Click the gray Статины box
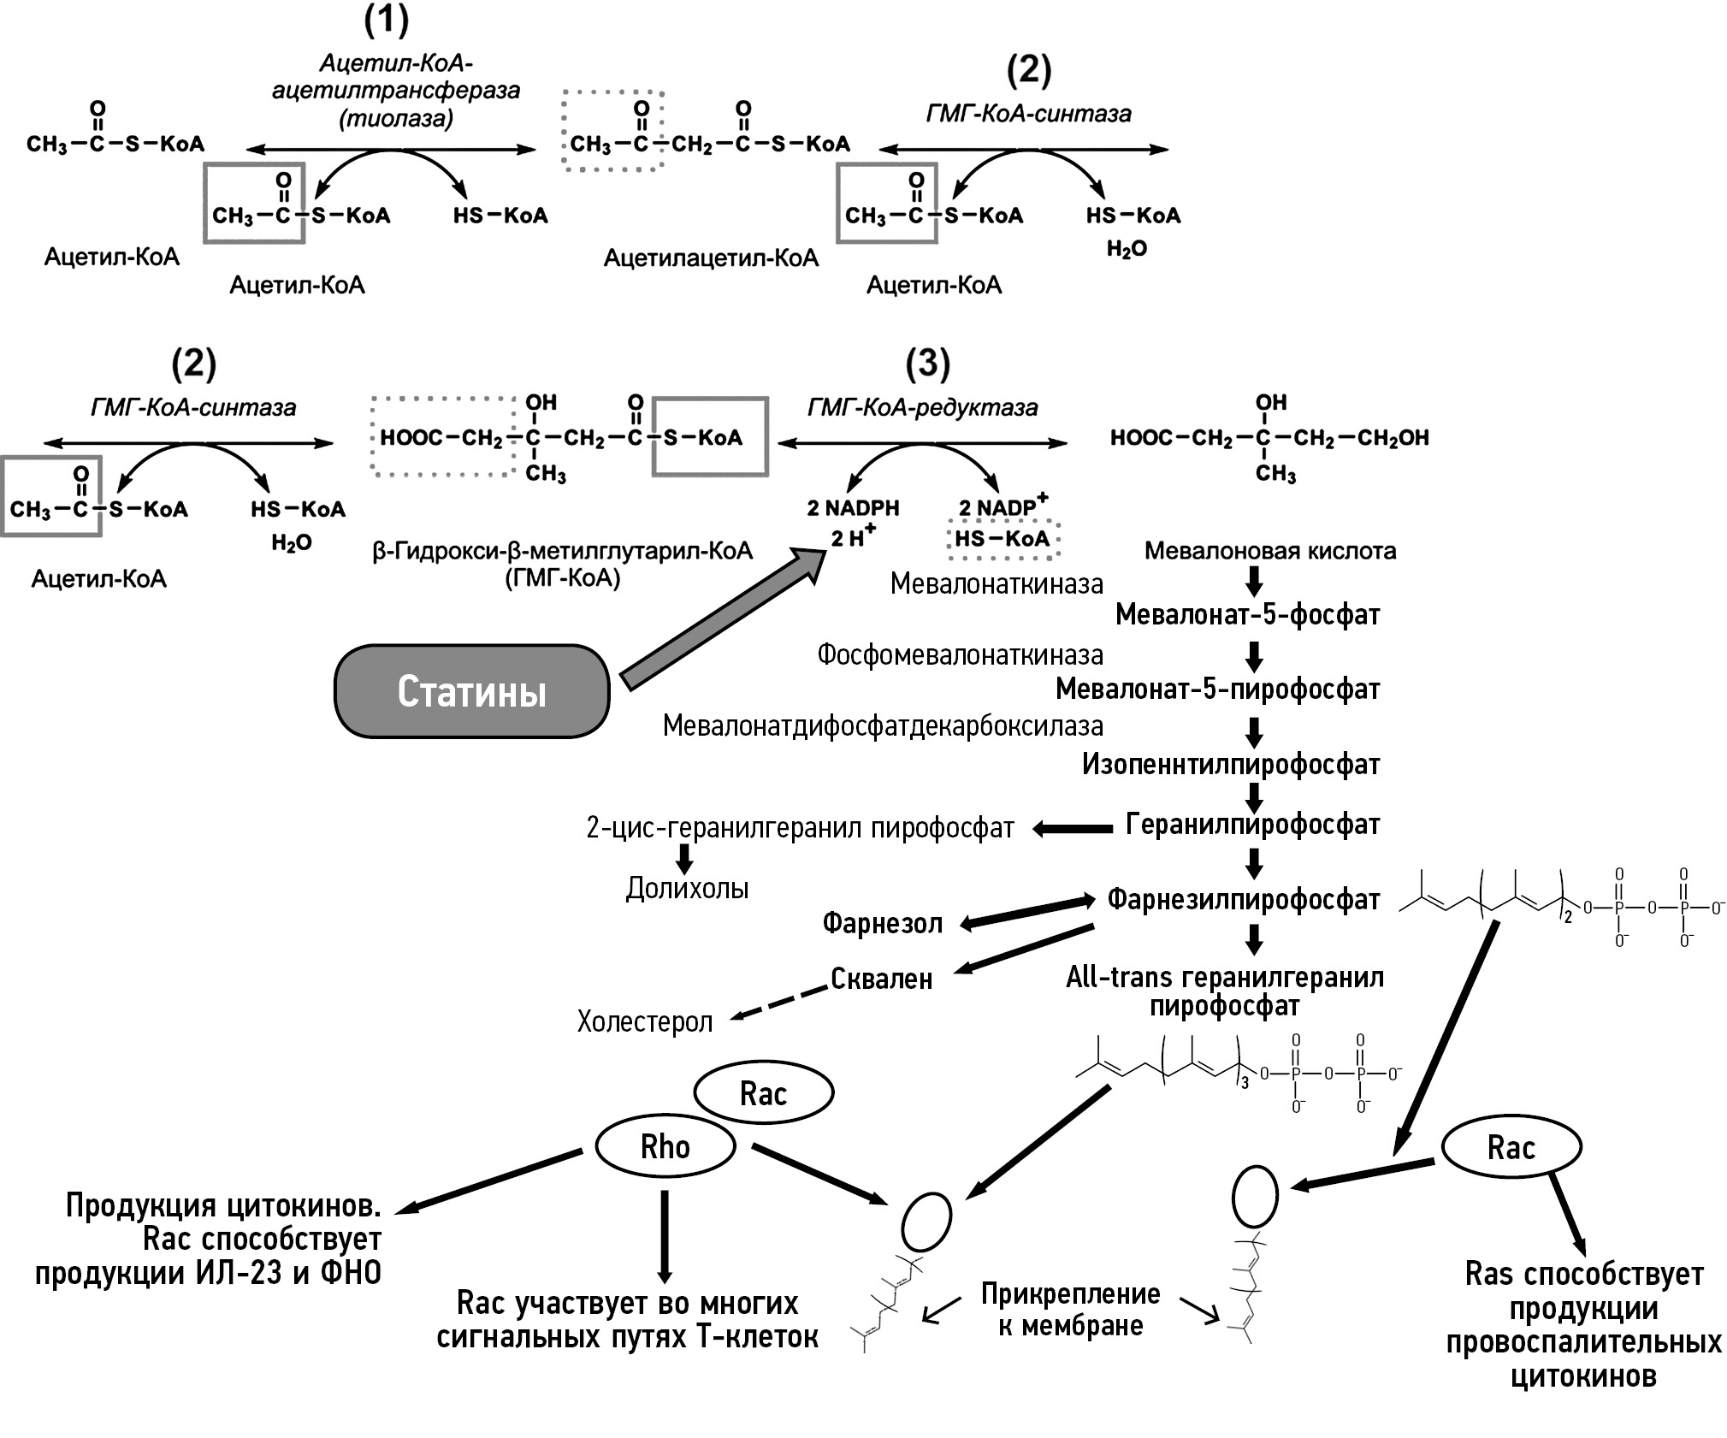[471, 691]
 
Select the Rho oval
[665, 1146]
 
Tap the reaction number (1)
[387, 21]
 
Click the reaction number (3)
[927, 364]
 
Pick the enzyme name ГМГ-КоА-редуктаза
[922, 407]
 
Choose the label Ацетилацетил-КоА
[711, 257]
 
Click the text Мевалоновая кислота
[1270, 551]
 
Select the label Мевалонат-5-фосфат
[1248, 614]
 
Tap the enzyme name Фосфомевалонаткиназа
[960, 655]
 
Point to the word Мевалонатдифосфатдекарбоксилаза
[883, 726]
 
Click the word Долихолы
[687, 889]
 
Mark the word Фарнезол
[882, 923]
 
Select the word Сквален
[881, 979]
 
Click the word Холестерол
[645, 1021]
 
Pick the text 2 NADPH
[853, 508]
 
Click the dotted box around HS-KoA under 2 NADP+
[1002, 539]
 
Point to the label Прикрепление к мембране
[1070, 1310]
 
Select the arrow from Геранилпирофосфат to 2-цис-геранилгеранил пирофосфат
[1073, 828]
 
